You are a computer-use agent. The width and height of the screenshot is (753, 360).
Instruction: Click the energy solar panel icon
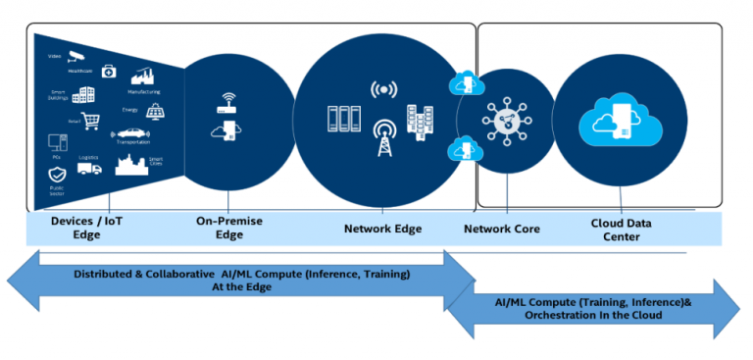click(155, 112)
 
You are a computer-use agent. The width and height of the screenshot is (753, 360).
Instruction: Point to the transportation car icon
click(132, 134)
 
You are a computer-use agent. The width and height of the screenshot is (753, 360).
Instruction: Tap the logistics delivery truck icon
click(89, 168)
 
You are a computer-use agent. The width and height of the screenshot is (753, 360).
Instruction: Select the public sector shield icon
click(57, 176)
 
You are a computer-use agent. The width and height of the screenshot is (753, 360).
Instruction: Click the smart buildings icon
click(83, 95)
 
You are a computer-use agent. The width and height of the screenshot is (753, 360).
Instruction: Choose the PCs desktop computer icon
click(55, 142)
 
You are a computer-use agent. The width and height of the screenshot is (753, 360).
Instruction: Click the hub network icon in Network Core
click(505, 121)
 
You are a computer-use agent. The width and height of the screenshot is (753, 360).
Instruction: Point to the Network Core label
click(501, 229)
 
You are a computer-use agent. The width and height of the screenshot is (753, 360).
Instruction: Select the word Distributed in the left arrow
click(106, 274)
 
